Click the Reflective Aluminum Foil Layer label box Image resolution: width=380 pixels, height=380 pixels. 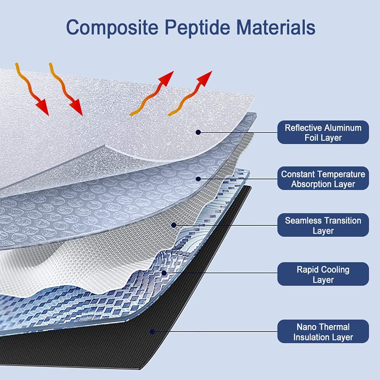[x=323, y=132]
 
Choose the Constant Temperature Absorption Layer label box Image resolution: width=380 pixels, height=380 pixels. [x=323, y=179]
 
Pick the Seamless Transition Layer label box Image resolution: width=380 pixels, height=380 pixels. [x=323, y=225]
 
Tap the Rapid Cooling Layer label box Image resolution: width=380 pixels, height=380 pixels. [x=323, y=274]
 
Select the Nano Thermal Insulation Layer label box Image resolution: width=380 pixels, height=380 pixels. [x=323, y=332]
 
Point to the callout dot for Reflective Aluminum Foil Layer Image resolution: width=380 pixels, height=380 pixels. [x=198, y=132]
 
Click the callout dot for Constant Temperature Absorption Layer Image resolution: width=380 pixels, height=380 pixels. [x=198, y=179]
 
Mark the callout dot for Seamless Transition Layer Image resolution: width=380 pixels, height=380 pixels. [x=174, y=225]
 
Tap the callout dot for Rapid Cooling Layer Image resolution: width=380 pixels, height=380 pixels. [x=164, y=272]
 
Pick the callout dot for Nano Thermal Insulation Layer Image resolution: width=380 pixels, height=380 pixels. [x=152, y=331]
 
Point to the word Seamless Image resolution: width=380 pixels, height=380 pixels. [x=303, y=220]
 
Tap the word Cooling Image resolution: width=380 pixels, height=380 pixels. [x=335, y=270]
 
